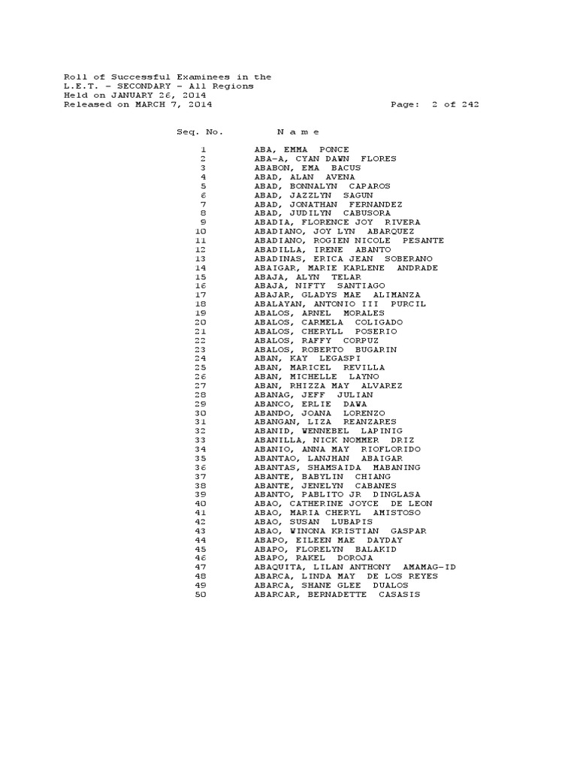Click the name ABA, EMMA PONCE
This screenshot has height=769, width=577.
pos(301,149)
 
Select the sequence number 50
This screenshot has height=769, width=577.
pos(201,595)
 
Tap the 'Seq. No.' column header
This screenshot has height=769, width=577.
pos(200,131)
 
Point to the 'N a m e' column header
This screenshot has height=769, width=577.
pos(298,131)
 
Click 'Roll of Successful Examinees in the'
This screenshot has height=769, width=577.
pos(168,77)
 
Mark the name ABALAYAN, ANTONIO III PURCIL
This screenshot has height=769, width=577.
pos(340,304)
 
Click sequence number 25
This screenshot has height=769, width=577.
pos(201,367)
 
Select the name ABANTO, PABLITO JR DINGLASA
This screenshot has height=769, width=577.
pos(337,494)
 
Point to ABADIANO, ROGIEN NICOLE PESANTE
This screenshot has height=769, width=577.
pos(349,240)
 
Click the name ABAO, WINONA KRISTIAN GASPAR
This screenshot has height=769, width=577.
pos(340,531)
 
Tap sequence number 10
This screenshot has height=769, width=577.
pos(201,231)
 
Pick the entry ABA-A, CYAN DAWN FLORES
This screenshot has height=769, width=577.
pos(325,158)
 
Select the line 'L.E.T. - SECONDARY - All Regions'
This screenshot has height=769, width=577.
pos(159,86)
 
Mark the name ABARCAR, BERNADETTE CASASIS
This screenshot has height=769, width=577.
pos(337,595)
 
